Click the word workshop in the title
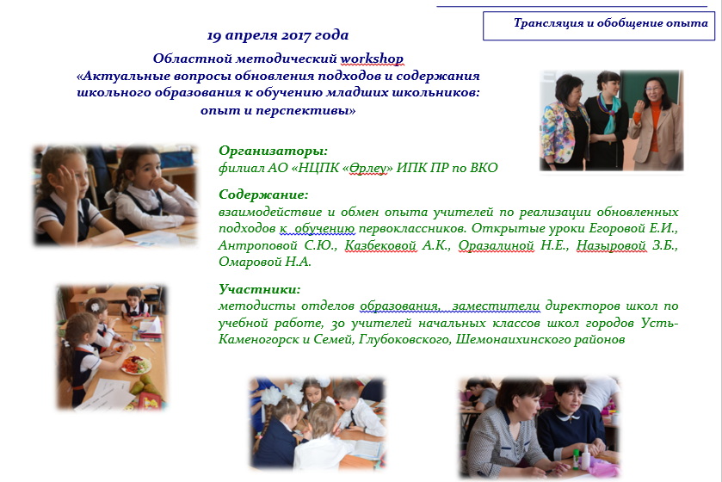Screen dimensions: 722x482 (372, 59)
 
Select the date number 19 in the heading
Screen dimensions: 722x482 (214, 35)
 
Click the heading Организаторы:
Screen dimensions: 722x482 (273, 151)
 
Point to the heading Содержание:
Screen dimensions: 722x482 (263, 195)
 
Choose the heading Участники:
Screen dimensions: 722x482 (259, 289)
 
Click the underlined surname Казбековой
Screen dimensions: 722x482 (380, 245)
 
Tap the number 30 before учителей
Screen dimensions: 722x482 (337, 323)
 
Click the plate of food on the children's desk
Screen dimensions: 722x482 (136, 365)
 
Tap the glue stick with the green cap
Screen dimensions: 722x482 (576, 459)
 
